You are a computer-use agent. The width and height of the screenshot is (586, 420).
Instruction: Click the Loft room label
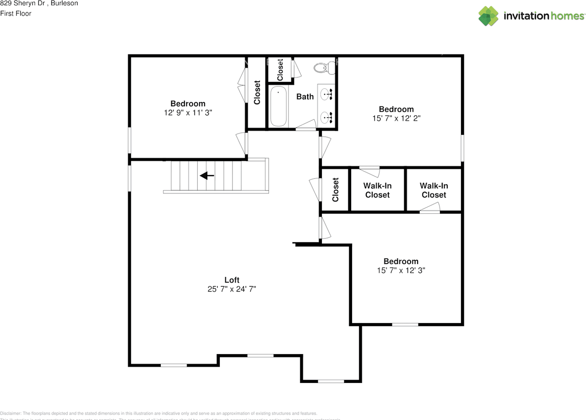click(232, 280)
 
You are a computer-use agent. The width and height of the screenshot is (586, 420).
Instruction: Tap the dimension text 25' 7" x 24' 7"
click(232, 289)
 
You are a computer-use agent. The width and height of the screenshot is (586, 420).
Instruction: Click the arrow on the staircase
click(207, 175)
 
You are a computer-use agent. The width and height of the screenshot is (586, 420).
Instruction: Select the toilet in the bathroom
click(323, 68)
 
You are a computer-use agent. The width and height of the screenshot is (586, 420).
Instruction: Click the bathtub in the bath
click(278, 107)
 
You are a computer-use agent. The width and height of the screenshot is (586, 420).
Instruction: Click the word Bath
click(305, 97)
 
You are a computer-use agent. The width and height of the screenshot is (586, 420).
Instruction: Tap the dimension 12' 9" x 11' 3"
click(188, 113)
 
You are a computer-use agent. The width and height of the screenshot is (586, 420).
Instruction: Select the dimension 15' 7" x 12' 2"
click(396, 118)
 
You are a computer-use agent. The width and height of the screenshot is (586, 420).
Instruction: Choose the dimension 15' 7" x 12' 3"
click(401, 270)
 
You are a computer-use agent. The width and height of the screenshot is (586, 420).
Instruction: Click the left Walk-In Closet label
click(377, 190)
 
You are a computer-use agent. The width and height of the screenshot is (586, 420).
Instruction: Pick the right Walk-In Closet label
click(434, 190)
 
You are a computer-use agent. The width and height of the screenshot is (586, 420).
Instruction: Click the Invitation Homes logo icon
click(488, 16)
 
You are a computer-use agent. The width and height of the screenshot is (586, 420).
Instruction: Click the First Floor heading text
click(16, 14)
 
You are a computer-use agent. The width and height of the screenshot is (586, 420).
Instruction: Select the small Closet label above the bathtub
click(280, 70)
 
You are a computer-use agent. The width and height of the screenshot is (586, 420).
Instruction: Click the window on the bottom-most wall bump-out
click(331, 381)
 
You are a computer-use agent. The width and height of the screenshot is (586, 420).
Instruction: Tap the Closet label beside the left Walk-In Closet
click(336, 190)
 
